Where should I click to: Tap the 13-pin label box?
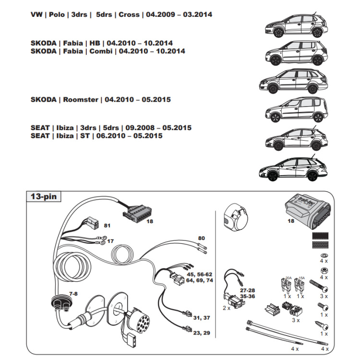click(x=43, y=197)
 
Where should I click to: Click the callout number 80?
click(x=201, y=238)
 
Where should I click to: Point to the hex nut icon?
click(x=324, y=270)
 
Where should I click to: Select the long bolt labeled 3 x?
click(x=319, y=288)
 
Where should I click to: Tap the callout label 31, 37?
click(x=201, y=317)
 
